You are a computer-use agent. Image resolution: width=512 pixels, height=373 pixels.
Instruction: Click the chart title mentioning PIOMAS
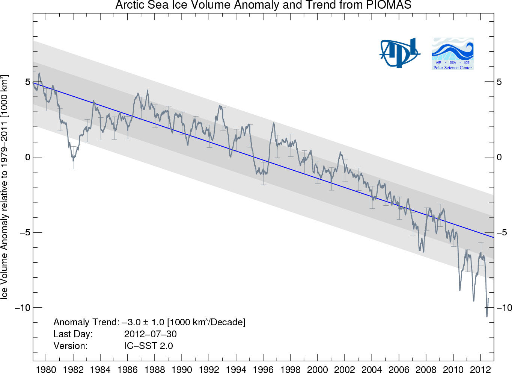click(x=263, y=5)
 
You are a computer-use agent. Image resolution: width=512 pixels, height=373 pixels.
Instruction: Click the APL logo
click(x=399, y=53)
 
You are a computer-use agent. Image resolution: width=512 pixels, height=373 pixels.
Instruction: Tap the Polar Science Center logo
click(x=452, y=54)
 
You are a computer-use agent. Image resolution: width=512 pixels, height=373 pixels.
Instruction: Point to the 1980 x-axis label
click(x=46, y=369)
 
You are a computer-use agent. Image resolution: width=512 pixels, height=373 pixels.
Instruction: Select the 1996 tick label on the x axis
click(x=263, y=369)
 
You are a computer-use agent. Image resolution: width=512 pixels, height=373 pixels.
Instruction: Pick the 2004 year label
click(x=372, y=369)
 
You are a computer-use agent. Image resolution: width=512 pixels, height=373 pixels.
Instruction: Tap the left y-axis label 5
click(x=28, y=82)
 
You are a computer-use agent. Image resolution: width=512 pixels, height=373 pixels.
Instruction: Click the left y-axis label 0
click(x=28, y=157)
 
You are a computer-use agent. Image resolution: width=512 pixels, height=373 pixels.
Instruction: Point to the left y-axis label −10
click(x=23, y=308)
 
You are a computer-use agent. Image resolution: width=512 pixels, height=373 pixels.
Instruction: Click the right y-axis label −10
click(x=504, y=308)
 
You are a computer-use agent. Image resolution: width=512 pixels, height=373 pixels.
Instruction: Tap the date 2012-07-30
click(x=150, y=334)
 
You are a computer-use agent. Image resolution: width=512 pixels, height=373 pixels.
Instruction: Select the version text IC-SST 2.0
click(x=149, y=346)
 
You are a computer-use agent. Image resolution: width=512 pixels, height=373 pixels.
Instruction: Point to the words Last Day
click(x=73, y=334)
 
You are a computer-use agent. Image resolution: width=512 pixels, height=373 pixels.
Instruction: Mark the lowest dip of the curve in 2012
click(x=487, y=316)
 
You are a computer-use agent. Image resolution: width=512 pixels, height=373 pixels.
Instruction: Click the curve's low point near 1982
click(x=73, y=160)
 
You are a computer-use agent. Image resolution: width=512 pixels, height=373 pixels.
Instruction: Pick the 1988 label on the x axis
click(x=155, y=369)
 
